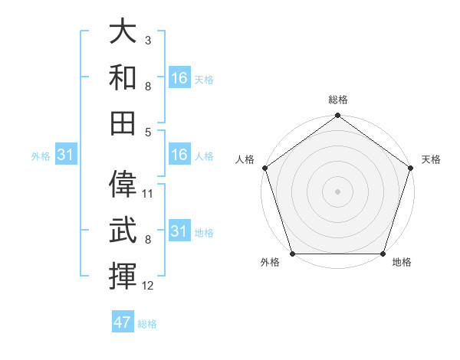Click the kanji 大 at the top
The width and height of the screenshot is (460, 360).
[x=123, y=33]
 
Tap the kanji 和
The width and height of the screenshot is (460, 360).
[x=123, y=77]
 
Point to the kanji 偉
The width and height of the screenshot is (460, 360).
[x=123, y=184]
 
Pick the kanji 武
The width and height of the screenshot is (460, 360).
[x=123, y=230]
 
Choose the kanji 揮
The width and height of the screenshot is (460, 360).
[x=123, y=274]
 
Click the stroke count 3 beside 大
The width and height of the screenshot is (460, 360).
[x=147, y=39]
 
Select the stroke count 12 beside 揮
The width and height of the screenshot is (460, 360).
[x=148, y=286]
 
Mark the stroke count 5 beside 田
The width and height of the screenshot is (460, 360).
[x=147, y=132]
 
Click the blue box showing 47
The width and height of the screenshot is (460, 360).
[x=123, y=322]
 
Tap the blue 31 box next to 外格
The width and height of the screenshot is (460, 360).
[x=66, y=155]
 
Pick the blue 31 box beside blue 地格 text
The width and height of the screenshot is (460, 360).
[x=179, y=231]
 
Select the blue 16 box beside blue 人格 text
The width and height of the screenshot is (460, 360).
[x=179, y=155]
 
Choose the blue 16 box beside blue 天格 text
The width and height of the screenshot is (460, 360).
[x=179, y=78]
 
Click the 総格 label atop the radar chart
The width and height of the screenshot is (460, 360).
[x=337, y=100]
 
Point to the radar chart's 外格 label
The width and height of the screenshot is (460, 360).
[x=270, y=263]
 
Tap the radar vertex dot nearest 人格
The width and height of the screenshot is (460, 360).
[x=264, y=168]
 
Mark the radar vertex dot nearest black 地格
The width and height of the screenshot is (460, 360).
[x=383, y=254]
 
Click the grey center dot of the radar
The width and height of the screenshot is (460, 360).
[x=337, y=191]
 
